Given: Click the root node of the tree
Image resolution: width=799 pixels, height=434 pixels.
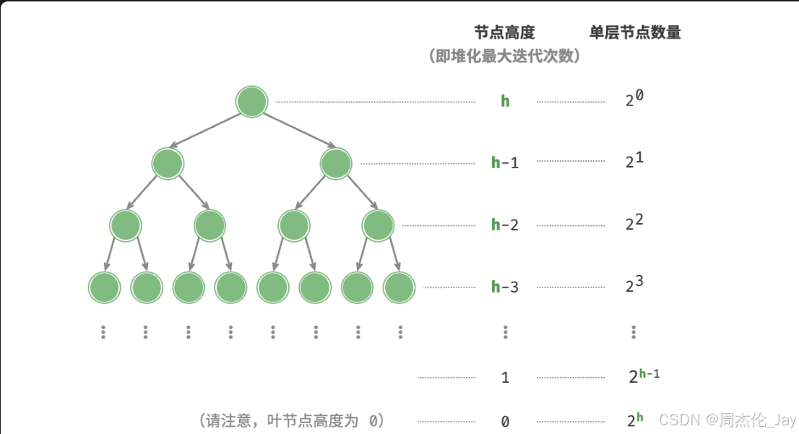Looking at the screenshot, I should coord(251,102).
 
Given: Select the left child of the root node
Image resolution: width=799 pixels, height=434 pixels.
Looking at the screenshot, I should coord(168,163).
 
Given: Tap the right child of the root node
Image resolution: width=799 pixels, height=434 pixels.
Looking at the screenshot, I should coord(336,163).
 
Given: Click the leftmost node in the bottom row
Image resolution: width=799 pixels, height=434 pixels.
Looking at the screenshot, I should coord(104,287).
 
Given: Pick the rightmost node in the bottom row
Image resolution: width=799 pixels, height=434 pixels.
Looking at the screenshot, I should coord(399,287).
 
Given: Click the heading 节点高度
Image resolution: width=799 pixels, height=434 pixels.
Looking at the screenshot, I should coord(504,32).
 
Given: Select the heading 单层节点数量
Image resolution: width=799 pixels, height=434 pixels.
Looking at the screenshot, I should coord(635,32).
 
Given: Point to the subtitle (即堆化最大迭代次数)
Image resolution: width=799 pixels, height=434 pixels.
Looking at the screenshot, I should coord(504,56).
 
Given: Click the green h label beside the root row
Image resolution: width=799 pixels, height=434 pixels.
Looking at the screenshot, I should coord(505,101).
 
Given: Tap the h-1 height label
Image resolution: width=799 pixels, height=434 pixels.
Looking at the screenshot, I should coord(505,162).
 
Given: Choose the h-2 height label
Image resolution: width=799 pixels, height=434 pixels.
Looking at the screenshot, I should coord(505,225).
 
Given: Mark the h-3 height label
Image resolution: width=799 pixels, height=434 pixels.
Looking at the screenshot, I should coord(505,287).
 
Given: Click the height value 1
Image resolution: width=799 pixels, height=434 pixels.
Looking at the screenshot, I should coord(505,377).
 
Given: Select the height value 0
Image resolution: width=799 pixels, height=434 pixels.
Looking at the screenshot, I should coord(505,421).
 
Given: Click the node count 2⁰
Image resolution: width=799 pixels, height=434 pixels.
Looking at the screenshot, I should coord(634,99).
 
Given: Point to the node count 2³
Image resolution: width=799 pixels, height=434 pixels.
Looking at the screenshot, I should coord(634,285).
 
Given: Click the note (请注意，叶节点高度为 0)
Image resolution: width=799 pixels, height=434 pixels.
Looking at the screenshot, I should coord(291,420).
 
